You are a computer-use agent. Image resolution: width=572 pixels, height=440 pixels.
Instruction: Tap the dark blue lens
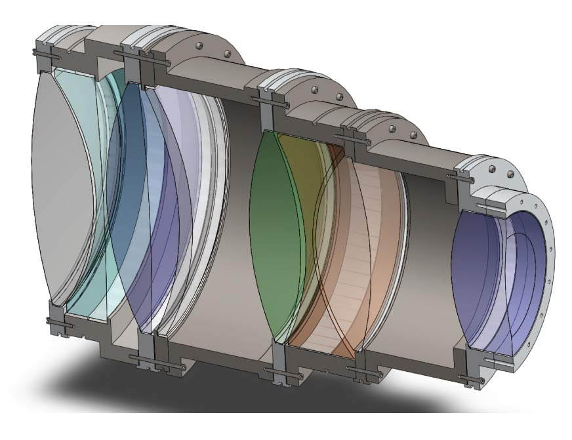click(141, 216)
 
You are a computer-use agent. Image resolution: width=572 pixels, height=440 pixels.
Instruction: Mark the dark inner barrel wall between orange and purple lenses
click(426, 262)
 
